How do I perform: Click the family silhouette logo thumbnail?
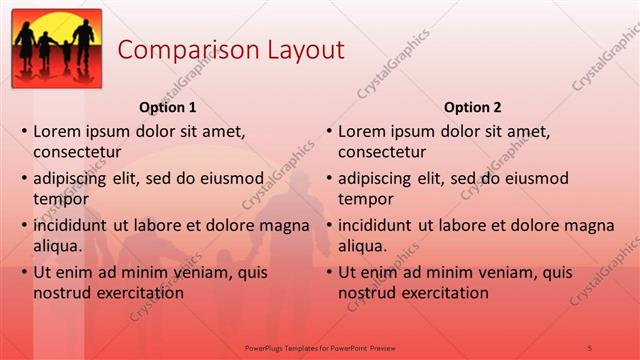point(57,48)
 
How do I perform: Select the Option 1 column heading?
point(166,107)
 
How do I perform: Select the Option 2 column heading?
point(472,107)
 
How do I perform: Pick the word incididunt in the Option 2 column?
point(380,226)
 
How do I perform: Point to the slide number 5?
point(590,347)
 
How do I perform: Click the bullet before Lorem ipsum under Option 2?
point(328,132)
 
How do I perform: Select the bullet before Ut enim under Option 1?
point(23,273)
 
